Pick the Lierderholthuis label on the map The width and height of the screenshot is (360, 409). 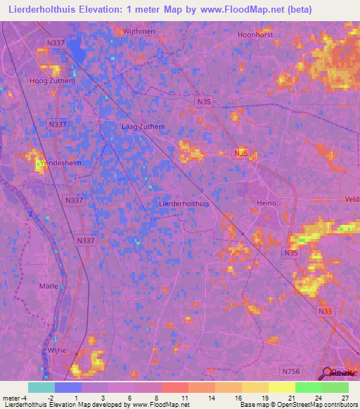pyautogui.click(x=185, y=203)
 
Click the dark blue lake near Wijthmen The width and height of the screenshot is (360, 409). pyautogui.click(x=78, y=54)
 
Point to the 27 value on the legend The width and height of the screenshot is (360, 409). pyautogui.click(x=345, y=397)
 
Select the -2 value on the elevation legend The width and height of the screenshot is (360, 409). pyautogui.click(x=49, y=397)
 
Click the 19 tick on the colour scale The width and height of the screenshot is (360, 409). pyautogui.click(x=266, y=397)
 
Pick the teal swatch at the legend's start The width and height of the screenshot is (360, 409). pyautogui.click(x=41, y=387)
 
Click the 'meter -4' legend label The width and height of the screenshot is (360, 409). pyautogui.click(x=13, y=397)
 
